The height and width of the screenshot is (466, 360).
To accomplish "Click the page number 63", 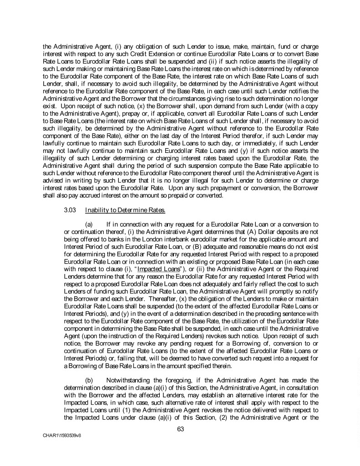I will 180,428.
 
